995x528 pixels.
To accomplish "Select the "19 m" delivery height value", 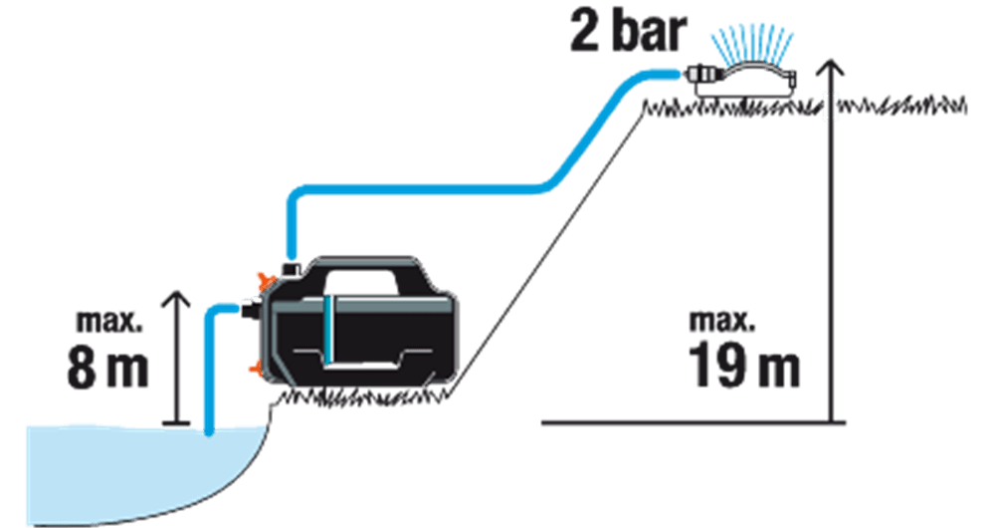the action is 743,365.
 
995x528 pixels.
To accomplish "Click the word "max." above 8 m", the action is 109,322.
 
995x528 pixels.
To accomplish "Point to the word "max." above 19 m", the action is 722,321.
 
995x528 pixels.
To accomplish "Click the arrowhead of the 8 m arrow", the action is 177,301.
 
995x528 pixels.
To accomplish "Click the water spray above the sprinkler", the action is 752,45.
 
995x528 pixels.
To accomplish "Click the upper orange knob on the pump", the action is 263,281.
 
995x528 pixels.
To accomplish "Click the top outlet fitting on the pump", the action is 292,269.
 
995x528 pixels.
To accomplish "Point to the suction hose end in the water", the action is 209,432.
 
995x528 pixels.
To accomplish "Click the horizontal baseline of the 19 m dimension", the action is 693,421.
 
